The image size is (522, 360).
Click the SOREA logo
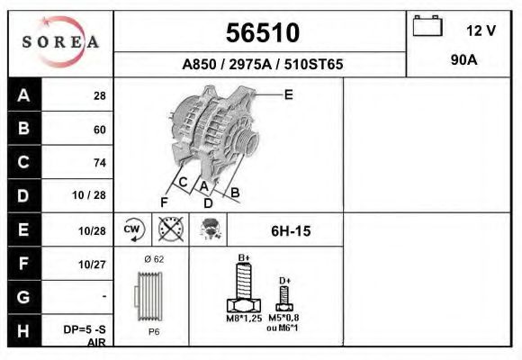[61, 42]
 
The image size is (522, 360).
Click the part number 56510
[261, 33]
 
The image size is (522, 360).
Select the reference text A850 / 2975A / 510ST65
[262, 66]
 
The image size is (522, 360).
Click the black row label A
[24, 95]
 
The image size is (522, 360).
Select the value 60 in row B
[99, 130]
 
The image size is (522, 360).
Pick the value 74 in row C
[99, 163]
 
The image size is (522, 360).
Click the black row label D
[24, 196]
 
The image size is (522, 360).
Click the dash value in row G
[104, 296]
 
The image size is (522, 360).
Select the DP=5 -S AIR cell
[90, 335]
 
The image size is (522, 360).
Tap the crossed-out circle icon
[170, 229]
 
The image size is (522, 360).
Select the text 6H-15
[290, 231]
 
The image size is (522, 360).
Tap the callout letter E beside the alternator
[288, 94]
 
